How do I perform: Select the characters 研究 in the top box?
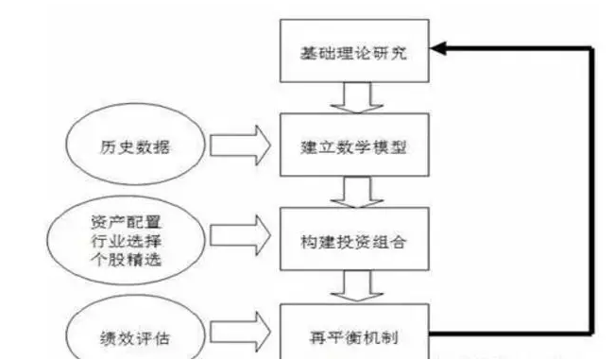tap(396, 52)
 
